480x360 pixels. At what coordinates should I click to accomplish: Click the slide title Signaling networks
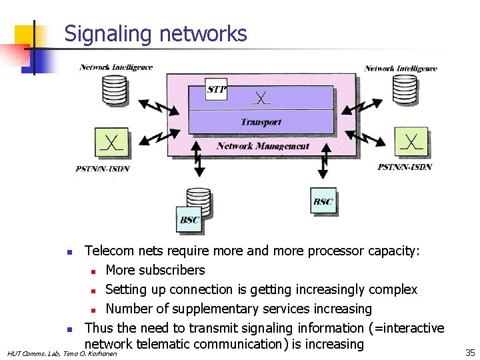155,34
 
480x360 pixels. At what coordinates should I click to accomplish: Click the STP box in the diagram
217,89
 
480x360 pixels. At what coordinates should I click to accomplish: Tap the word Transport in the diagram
261,122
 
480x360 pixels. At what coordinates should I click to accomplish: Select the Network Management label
263,145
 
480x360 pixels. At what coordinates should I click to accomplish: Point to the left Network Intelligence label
116,67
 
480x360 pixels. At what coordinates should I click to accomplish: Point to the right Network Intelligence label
401,68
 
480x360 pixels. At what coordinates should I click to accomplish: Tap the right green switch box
412,142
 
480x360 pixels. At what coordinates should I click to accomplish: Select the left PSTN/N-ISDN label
103,169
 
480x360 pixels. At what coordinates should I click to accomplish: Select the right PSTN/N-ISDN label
405,167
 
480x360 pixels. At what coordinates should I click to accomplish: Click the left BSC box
189,219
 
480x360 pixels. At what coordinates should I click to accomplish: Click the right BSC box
323,201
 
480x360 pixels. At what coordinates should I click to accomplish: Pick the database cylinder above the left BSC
198,198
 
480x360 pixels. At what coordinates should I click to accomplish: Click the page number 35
469,352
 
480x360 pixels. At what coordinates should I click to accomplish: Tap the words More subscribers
155,270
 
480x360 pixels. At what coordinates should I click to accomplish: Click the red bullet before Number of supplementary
95,309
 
